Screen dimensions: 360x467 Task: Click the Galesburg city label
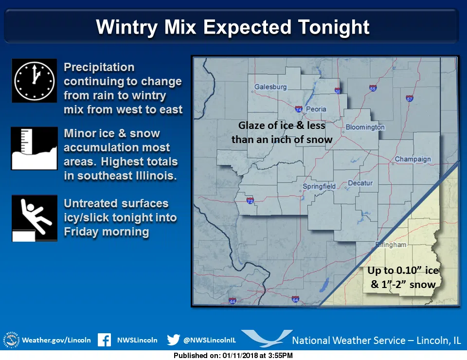coord(270,87)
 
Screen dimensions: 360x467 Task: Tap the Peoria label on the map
coord(316,109)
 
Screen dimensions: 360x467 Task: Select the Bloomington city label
coord(365,127)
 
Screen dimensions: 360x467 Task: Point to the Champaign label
coord(413,159)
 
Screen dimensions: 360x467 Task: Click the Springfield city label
coord(319,186)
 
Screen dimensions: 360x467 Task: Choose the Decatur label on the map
coord(360,183)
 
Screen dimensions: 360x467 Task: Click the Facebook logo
coord(104,340)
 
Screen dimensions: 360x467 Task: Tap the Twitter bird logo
coord(173,340)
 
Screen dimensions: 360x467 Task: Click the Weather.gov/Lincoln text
coord(56,340)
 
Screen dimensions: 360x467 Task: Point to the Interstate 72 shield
coord(250,200)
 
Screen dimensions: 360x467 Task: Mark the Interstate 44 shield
coord(232,302)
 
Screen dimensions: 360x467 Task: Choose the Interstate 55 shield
coord(373,89)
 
